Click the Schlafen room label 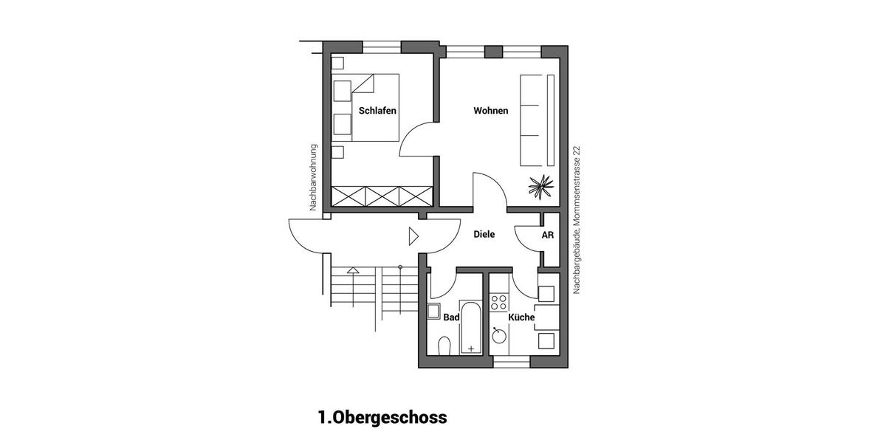(377, 111)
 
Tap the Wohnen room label (490, 111)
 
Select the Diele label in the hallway (484, 235)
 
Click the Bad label (451, 317)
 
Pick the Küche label (521, 317)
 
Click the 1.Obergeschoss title (382, 418)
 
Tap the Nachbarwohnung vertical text (313, 177)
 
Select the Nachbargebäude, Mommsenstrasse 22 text (577, 220)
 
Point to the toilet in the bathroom (444, 346)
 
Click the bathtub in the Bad (470, 327)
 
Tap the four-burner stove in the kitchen (499, 302)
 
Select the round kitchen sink (500, 336)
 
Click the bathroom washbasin (434, 310)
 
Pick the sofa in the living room (538, 120)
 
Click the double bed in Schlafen (374, 107)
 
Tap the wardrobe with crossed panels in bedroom (381, 196)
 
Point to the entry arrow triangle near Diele (413, 236)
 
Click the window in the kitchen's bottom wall (512, 362)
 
